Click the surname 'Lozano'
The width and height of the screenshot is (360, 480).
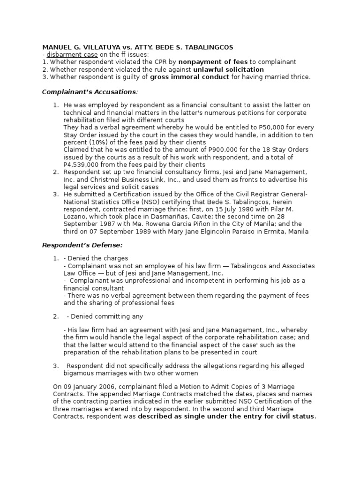pos(76,217)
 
